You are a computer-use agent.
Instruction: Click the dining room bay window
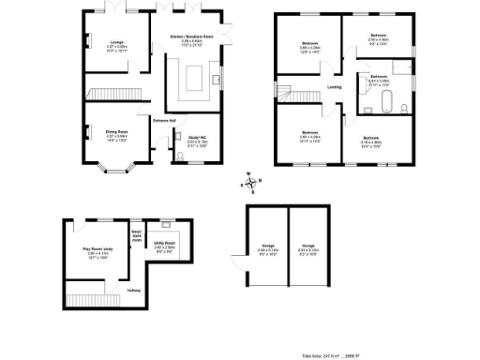pos(112,171)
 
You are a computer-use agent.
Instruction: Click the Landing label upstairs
pos(334,88)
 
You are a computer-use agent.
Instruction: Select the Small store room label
pos(137,235)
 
